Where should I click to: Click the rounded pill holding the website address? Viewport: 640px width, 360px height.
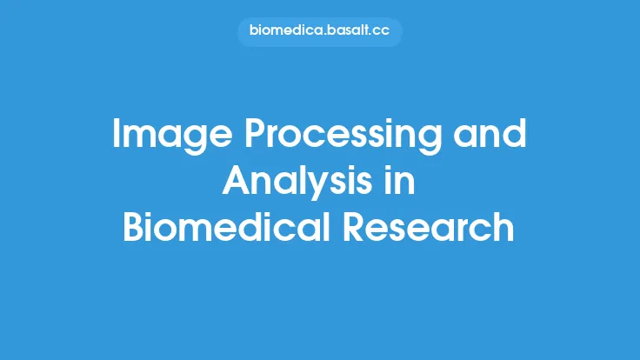[320, 32]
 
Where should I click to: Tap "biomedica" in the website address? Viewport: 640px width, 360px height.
[283, 32]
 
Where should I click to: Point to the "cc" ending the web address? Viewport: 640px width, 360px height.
[382, 32]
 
